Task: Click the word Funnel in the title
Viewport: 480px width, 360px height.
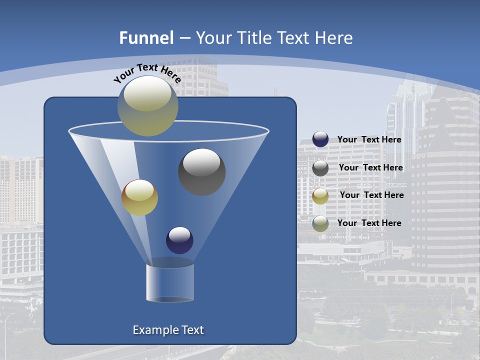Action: point(146,38)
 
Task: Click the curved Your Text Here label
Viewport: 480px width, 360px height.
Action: point(147,72)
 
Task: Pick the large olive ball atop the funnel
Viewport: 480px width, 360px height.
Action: point(147,106)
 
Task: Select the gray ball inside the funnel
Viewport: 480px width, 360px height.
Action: point(201,171)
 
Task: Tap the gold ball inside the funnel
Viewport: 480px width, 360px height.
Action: point(139,197)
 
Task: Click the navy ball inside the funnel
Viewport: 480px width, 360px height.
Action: point(179,240)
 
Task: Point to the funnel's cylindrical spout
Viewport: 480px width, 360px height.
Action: point(169,282)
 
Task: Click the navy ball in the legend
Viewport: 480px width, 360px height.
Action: point(320,139)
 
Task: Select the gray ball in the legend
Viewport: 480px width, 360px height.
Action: point(320,168)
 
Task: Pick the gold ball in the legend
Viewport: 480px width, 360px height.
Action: point(320,195)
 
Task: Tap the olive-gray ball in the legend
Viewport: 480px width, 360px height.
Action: point(320,223)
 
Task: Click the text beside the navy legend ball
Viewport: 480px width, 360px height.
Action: point(369,139)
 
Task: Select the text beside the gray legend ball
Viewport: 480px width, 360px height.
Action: point(370,167)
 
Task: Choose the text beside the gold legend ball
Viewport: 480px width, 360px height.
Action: point(371,195)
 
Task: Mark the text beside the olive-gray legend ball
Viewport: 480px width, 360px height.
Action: point(369,223)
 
